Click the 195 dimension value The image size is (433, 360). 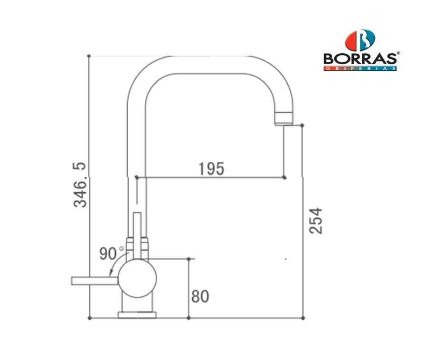(212, 169)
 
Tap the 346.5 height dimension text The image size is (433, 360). (80, 185)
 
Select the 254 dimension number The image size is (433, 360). (316, 221)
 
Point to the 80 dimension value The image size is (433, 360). (200, 296)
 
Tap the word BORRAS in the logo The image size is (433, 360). (360, 58)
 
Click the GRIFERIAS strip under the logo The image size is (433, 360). (360, 68)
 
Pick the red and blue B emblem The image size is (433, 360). (360, 40)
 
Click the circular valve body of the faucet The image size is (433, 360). (137, 278)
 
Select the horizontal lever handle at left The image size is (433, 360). (95, 281)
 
